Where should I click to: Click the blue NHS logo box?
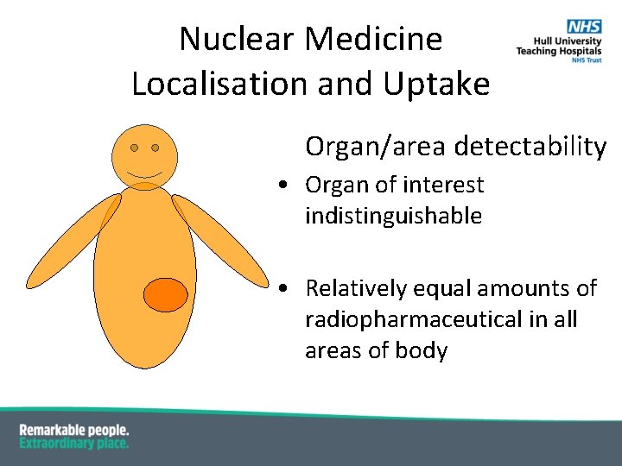583,28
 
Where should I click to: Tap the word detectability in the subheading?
530,147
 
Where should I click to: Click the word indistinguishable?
393,216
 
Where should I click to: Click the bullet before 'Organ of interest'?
283,186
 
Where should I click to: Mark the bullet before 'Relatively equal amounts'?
283,288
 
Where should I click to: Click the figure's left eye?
135,148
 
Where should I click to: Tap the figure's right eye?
155,148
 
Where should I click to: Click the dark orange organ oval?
165,294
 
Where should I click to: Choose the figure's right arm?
219,239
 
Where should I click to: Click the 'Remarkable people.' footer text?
74,430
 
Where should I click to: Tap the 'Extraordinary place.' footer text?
74,443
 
